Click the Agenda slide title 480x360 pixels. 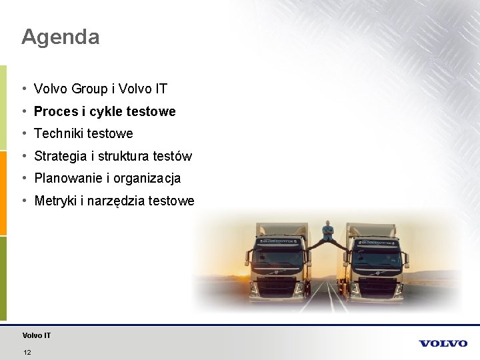pos(60,37)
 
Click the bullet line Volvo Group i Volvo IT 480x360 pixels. pos(101,89)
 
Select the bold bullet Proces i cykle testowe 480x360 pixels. pos(105,111)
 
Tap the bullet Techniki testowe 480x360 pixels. pos(83,133)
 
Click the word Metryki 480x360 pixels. pos(55,201)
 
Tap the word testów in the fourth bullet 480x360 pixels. pos(173,157)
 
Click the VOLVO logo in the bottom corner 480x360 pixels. pos(443,343)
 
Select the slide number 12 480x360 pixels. pos(27,352)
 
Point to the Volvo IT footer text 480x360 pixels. pos(36,335)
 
